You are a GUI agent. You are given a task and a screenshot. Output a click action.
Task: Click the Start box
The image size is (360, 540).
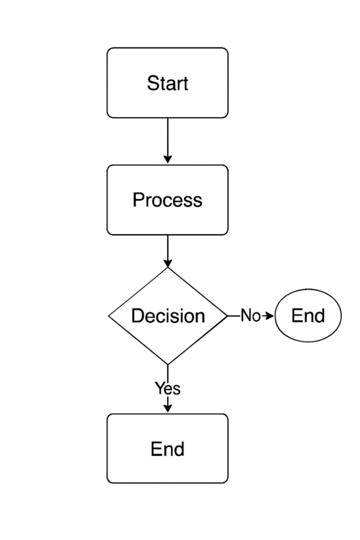(167, 83)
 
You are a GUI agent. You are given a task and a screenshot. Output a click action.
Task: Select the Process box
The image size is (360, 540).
(167, 200)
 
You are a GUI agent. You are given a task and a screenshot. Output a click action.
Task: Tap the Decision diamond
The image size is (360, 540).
(168, 315)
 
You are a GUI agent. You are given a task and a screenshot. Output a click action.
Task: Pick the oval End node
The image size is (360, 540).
(308, 315)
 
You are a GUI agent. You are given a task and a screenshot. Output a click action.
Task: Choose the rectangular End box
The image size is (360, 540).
(167, 448)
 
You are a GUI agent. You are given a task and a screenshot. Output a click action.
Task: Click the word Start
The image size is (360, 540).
(168, 83)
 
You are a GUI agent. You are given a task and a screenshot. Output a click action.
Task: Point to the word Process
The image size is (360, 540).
(167, 200)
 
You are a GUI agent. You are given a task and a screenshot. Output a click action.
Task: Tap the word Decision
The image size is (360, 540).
(168, 315)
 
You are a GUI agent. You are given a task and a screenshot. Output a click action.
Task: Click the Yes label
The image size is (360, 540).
(168, 388)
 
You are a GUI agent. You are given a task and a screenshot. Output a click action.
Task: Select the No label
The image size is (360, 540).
(250, 315)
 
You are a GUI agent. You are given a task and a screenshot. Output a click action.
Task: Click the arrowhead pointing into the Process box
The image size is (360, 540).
(168, 159)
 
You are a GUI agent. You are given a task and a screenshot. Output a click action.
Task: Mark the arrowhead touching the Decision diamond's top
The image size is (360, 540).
(168, 263)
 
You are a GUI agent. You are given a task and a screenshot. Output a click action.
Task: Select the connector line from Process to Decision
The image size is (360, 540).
(168, 251)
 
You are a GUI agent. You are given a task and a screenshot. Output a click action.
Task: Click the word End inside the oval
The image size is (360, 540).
(308, 315)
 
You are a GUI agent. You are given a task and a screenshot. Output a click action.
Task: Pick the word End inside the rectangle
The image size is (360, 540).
(168, 449)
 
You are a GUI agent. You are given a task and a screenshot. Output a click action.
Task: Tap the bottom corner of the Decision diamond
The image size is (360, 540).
(168, 364)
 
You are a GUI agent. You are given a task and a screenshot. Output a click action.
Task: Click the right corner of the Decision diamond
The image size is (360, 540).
(227, 315)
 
